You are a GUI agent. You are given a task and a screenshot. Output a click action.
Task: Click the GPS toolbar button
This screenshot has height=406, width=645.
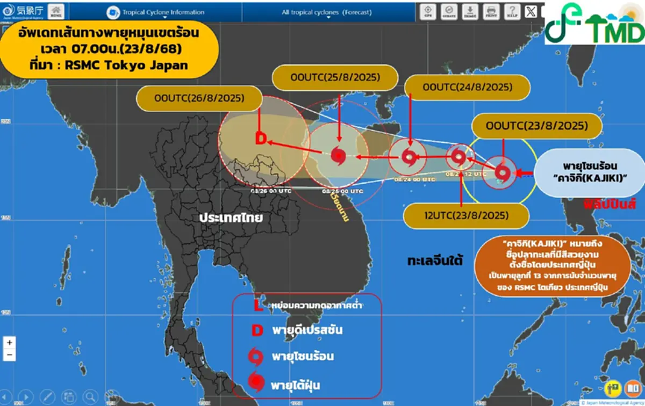[x=428, y=11]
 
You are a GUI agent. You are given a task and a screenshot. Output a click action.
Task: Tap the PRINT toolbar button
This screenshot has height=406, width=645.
[x=490, y=11]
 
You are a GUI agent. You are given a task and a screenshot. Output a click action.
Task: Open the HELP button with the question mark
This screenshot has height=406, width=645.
[x=511, y=11]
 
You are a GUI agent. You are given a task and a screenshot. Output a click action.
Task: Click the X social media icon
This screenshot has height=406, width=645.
[x=531, y=11]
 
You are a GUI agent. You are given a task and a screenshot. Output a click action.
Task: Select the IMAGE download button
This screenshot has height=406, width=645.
[x=470, y=11]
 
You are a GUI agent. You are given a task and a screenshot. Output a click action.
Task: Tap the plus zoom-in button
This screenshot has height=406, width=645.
[x=9, y=342]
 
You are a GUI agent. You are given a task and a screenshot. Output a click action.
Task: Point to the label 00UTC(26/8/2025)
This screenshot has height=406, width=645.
[x=199, y=99]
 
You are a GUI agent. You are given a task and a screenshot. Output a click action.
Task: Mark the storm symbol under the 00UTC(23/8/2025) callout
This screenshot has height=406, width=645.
[x=502, y=173]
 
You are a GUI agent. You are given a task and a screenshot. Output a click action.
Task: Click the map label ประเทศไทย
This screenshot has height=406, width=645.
[x=230, y=218]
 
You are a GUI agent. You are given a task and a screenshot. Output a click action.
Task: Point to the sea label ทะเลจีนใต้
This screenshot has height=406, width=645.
[x=435, y=261]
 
